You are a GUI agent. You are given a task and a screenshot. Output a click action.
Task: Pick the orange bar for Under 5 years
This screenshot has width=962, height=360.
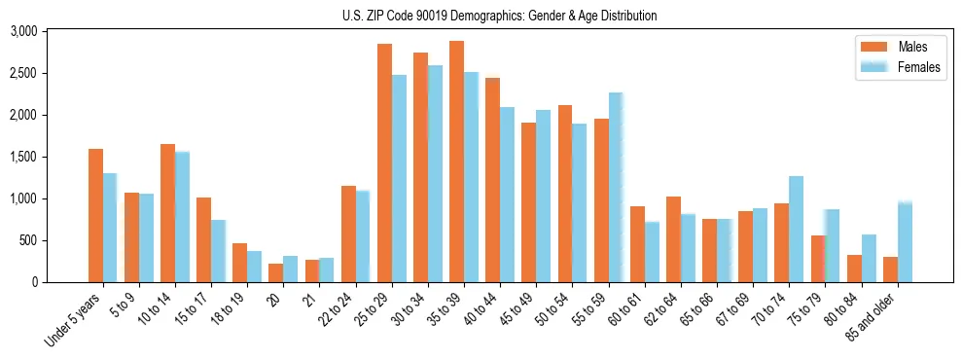click(95, 215)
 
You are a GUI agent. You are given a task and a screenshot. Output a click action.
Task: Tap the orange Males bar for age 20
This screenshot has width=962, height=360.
click(275, 272)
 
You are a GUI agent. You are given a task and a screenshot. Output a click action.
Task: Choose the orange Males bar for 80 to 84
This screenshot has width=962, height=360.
click(854, 269)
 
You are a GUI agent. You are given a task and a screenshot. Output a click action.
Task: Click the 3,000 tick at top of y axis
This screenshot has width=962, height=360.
click(22, 31)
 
